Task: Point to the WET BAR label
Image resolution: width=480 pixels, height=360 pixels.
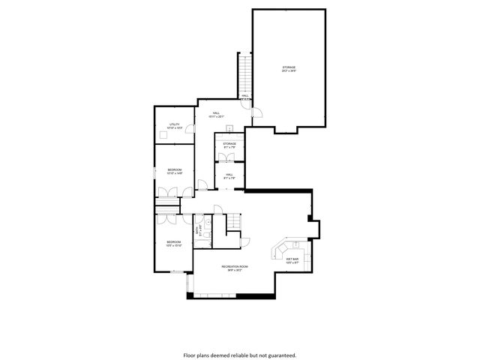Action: click(292, 259)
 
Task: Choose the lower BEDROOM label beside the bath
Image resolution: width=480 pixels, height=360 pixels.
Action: click(174, 243)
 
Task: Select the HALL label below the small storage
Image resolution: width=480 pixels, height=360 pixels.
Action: click(229, 176)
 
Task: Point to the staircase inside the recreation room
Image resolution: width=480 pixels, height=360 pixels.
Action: click(234, 223)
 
